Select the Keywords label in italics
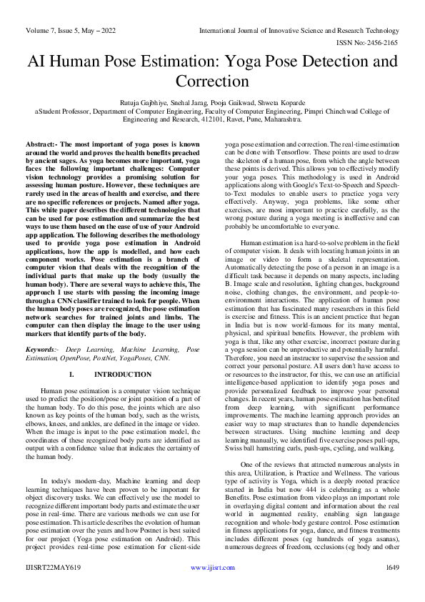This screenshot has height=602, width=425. click(x=41, y=350)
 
